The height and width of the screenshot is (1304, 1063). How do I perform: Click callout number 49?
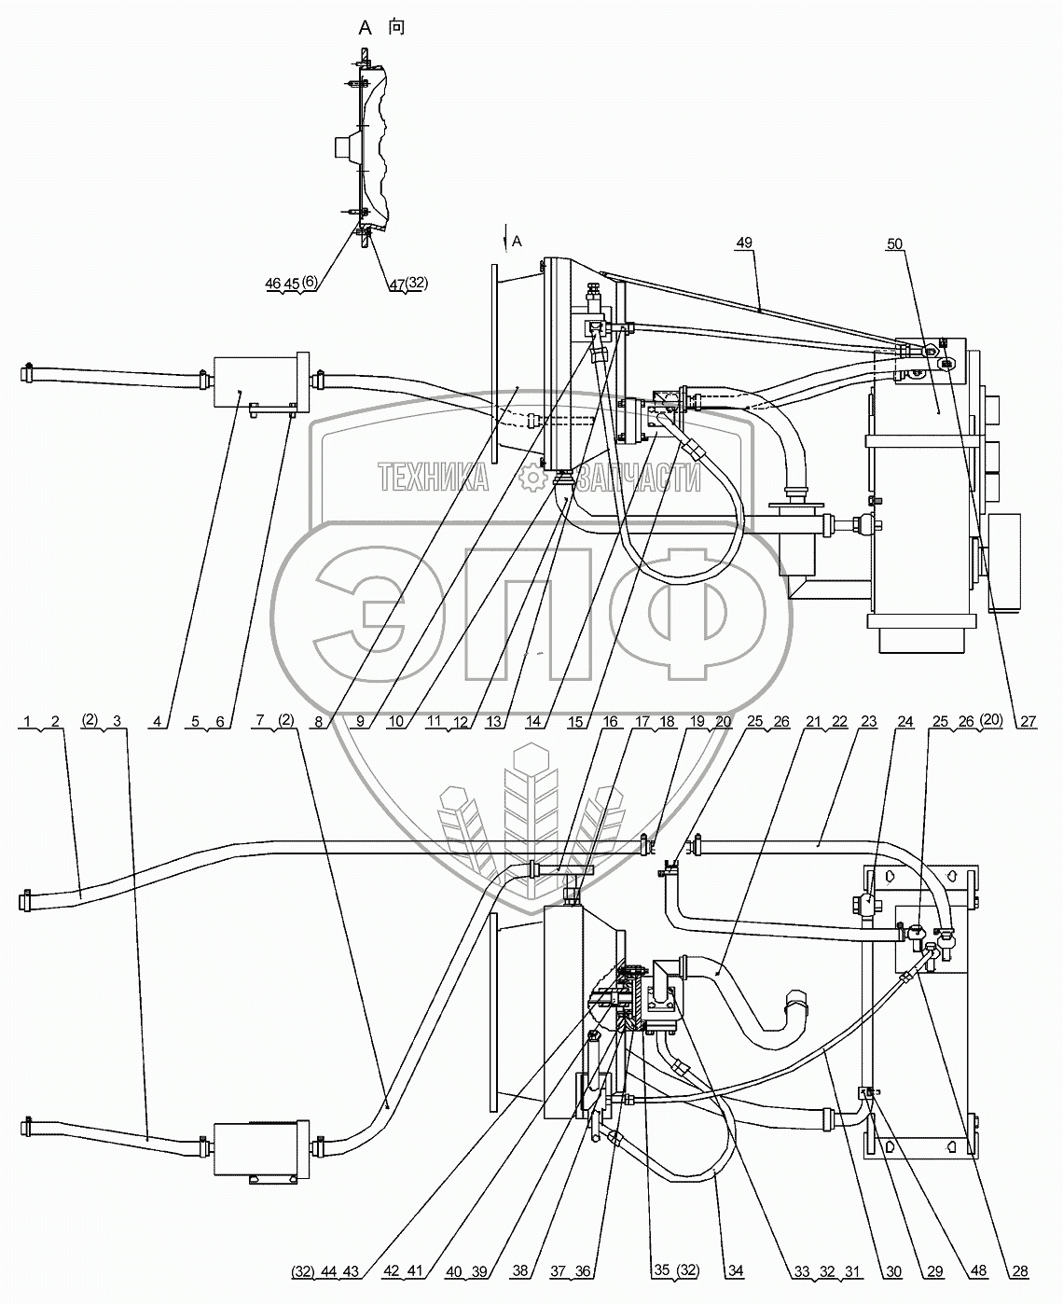[x=743, y=243]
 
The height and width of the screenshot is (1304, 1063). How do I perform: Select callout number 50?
[x=894, y=244]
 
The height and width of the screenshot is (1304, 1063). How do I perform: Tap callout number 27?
[x=1028, y=721]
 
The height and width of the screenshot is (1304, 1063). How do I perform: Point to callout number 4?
[x=157, y=721]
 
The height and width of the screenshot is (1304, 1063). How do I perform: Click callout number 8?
[x=318, y=721]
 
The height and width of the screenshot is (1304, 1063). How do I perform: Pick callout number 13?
[x=493, y=721]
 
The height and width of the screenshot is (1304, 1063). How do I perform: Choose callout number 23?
[x=869, y=721]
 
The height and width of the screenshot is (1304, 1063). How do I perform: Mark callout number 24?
[x=905, y=721]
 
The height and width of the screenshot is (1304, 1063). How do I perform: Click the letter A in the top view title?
[x=366, y=28]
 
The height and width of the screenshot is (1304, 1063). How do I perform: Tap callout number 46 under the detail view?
[x=273, y=284]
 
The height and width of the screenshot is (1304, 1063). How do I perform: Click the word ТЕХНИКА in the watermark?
[x=433, y=478]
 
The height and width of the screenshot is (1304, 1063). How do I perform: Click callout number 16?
[x=610, y=721]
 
